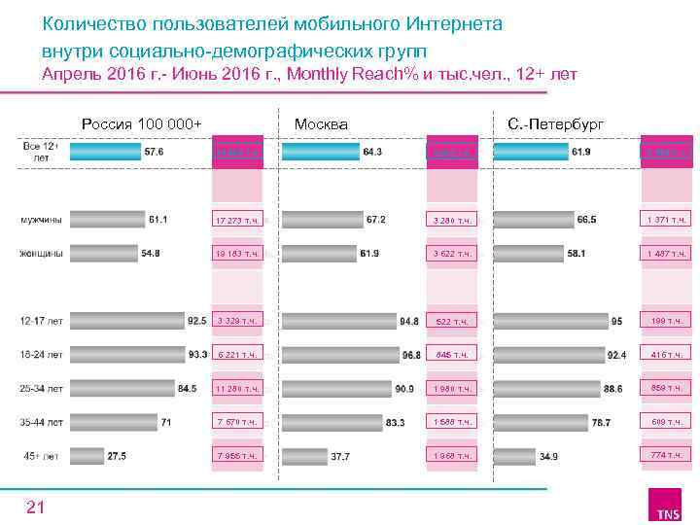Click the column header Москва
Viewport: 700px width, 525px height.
pyautogui.click(x=321, y=124)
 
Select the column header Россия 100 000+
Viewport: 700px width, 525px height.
pyautogui.click(x=142, y=124)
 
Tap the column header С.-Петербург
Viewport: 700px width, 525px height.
pyautogui.click(x=556, y=124)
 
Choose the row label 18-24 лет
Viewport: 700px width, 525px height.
pyautogui.click(x=42, y=354)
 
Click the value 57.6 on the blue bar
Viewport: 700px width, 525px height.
pyautogui.click(x=154, y=153)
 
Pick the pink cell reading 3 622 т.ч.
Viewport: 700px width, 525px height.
pyautogui.click(x=452, y=254)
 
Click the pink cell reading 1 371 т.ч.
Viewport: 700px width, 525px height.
pyautogui.click(x=667, y=221)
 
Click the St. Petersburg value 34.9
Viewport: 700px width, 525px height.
pyautogui.click(x=549, y=455)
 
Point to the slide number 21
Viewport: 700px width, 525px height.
pyautogui.click(x=35, y=506)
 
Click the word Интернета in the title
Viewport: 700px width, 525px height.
pyautogui.click(x=446, y=23)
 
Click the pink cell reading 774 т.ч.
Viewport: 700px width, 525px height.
pyautogui.click(x=667, y=455)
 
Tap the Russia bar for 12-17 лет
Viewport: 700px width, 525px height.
pyautogui.click(x=126, y=319)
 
